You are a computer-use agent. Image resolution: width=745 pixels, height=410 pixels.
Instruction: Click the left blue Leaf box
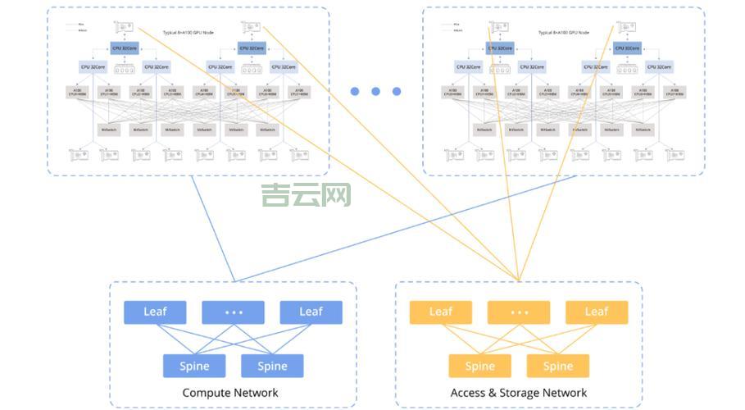[x=155, y=312]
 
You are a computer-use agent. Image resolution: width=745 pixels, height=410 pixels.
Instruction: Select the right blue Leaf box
[x=311, y=312]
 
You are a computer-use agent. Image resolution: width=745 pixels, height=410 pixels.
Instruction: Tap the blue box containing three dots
[x=233, y=312]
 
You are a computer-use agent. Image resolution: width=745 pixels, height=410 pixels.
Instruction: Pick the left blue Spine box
[x=194, y=366]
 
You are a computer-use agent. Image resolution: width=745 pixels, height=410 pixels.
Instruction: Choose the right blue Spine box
[x=272, y=366]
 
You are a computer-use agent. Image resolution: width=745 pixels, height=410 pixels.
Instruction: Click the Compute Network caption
[x=230, y=393]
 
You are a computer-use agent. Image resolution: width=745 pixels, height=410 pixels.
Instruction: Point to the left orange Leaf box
[x=440, y=312]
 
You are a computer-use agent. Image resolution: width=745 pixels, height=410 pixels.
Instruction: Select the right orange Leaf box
[x=597, y=312]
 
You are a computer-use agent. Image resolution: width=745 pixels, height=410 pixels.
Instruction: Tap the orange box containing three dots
[x=518, y=312]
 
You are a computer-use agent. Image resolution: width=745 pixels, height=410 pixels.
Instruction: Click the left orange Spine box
[x=479, y=366]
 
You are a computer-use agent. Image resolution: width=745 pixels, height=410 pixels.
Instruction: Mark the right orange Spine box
[x=557, y=366]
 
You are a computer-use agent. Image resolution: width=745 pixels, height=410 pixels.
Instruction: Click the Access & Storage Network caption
[x=519, y=393]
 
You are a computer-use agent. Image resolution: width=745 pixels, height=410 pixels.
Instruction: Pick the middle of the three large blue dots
[x=375, y=92]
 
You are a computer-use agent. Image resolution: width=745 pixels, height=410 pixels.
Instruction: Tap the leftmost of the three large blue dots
[x=355, y=92]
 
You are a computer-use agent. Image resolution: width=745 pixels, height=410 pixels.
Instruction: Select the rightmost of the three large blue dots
[x=397, y=92]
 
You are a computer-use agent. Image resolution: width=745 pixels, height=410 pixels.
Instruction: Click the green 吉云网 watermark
[x=306, y=195]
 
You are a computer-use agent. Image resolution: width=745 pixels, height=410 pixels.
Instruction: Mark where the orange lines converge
[x=518, y=280]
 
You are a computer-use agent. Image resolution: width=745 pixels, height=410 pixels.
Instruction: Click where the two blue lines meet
[x=234, y=281]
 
